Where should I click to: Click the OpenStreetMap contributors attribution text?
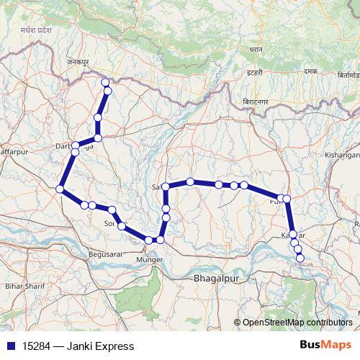coord(297,323)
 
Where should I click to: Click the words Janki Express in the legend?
coord(100,346)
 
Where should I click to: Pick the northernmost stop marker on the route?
coord(106,82)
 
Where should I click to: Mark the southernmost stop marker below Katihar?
coord(300,258)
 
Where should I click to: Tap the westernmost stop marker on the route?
coord(60,189)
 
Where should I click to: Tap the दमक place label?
coord(310,72)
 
